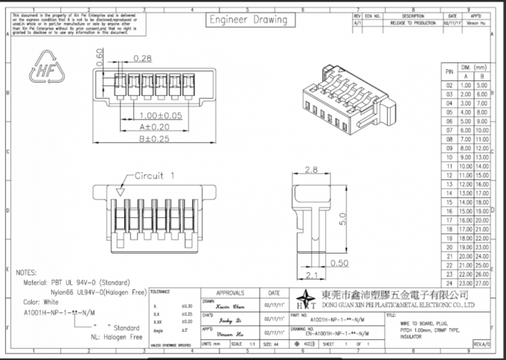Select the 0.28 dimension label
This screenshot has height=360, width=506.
click(x=144, y=58)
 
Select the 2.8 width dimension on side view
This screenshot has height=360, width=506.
click(x=311, y=170)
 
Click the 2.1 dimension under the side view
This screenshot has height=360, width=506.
click(x=311, y=276)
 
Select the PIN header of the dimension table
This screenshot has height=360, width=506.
click(x=449, y=71)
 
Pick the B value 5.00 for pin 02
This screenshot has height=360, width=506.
click(x=482, y=85)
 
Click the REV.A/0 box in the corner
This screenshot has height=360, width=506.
click(x=483, y=344)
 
